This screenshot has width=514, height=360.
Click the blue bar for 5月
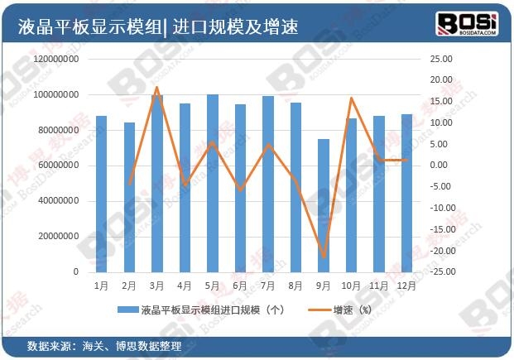pyautogui.click(x=213, y=183)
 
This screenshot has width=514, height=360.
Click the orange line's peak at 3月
pyautogui.click(x=157, y=87)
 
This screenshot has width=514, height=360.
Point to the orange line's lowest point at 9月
pyautogui.click(x=324, y=257)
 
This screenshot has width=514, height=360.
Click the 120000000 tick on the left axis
pyautogui.click(x=57, y=60)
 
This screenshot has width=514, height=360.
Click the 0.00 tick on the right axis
pyautogui.click(x=444, y=166)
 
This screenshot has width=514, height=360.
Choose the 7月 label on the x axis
pyautogui.click(x=268, y=286)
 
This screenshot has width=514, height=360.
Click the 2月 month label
pyautogui.click(x=129, y=286)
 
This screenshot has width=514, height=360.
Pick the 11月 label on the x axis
pyautogui.click(x=378, y=286)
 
